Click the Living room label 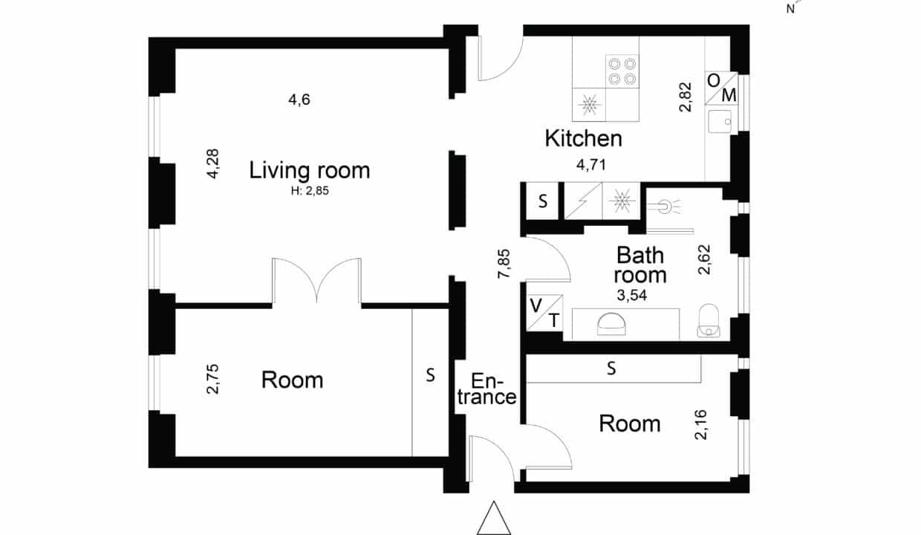(310, 170)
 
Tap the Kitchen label (584, 138)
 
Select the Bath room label (640, 265)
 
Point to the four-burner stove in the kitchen (622, 71)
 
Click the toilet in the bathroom (709, 321)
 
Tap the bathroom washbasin (611, 325)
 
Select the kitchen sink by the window (720, 121)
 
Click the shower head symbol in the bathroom (663, 207)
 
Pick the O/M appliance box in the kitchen (721, 88)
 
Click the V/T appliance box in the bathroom (544, 313)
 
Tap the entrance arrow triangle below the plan (494, 518)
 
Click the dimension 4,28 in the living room (213, 163)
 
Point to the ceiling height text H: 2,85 (310, 191)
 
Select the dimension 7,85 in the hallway (504, 264)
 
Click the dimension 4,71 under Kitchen (591, 165)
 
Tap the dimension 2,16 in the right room (700, 425)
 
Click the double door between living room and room (316, 282)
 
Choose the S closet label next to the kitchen (543, 201)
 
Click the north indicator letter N (790, 10)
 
